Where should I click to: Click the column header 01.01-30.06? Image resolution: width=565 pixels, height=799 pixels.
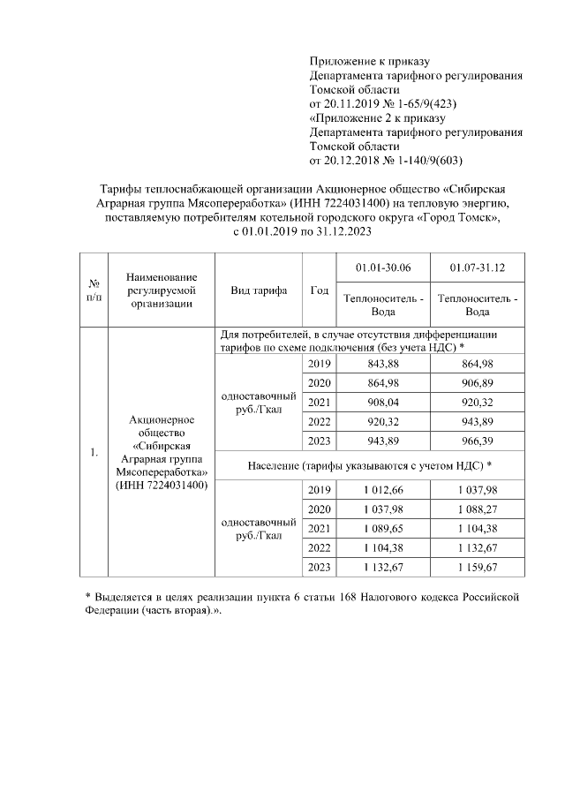382,268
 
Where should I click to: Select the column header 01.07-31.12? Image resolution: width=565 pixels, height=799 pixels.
477,268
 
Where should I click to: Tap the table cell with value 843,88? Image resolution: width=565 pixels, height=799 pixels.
382,364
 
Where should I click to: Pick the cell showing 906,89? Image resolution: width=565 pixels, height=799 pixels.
477,383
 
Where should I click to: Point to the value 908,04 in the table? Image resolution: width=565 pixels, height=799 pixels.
382,403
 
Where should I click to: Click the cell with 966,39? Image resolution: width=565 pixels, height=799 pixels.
477,441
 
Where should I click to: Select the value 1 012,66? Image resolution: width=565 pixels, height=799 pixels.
382,490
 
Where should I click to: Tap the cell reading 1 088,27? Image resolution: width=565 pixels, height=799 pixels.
477,509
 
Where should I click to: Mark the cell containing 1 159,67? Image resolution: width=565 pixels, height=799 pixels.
477,567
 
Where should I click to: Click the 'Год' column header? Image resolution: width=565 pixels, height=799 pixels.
320,290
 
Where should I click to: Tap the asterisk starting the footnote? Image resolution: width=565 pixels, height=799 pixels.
75,598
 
